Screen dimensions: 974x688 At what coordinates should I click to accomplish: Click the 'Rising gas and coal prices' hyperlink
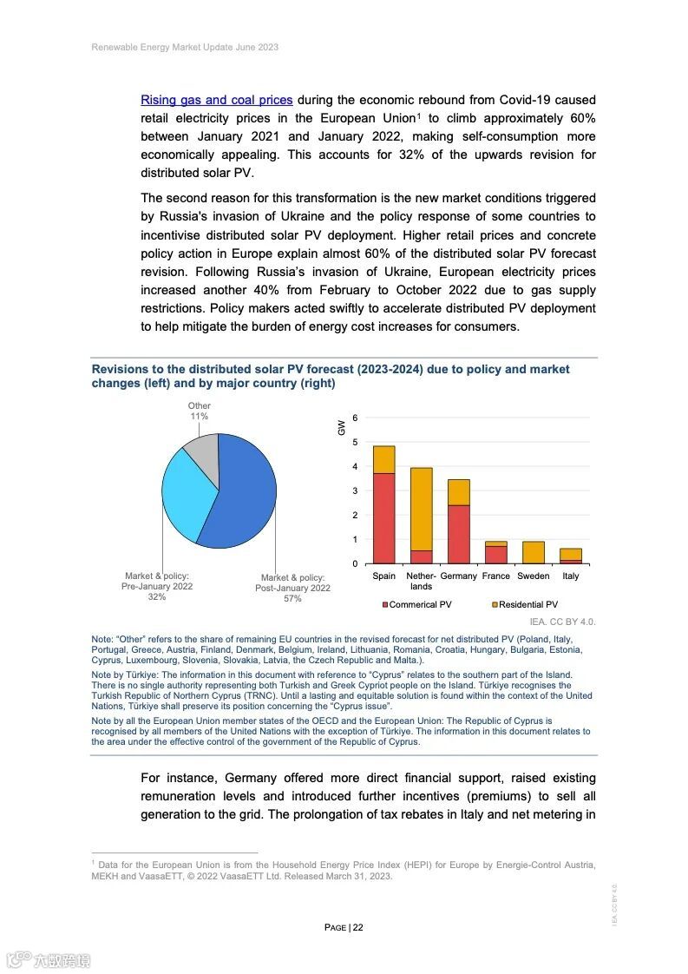pyautogui.click(x=216, y=100)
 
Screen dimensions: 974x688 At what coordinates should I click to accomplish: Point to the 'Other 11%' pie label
pyautogui.click(x=199, y=411)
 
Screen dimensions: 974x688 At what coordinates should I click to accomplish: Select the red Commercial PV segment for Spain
pyautogui.click(x=383, y=518)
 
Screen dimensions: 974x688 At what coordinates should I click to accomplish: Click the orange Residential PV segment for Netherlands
pyautogui.click(x=422, y=509)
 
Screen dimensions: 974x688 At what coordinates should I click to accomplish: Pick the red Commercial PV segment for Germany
pyautogui.click(x=458, y=534)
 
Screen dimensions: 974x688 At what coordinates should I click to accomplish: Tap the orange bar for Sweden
pyautogui.click(x=534, y=553)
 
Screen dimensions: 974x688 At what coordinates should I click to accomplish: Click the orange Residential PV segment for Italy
pyautogui.click(x=571, y=554)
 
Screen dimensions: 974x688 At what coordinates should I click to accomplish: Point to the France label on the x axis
pyautogui.click(x=496, y=576)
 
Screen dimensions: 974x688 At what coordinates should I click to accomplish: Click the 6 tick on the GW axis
pyautogui.click(x=354, y=418)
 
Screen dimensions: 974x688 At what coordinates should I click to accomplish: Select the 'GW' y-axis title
pyautogui.click(x=342, y=427)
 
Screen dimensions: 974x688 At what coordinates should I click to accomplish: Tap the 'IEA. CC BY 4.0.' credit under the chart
pyautogui.click(x=562, y=622)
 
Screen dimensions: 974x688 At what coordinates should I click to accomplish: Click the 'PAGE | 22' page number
pyautogui.click(x=344, y=927)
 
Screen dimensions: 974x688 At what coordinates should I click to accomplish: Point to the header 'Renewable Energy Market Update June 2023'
pyautogui.click(x=185, y=47)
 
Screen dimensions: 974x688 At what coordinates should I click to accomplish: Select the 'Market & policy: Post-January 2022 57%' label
pyautogui.click(x=292, y=588)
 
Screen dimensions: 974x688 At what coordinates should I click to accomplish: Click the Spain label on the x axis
pyautogui.click(x=383, y=576)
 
